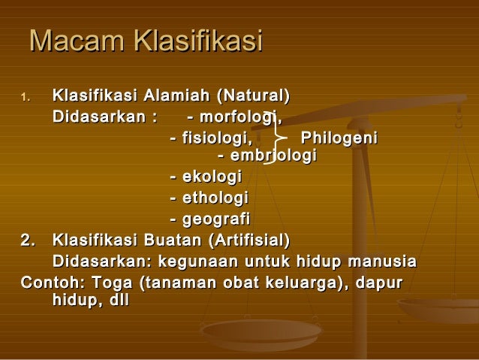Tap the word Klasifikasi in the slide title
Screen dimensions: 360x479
(196, 41)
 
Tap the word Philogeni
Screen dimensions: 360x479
(339, 138)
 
